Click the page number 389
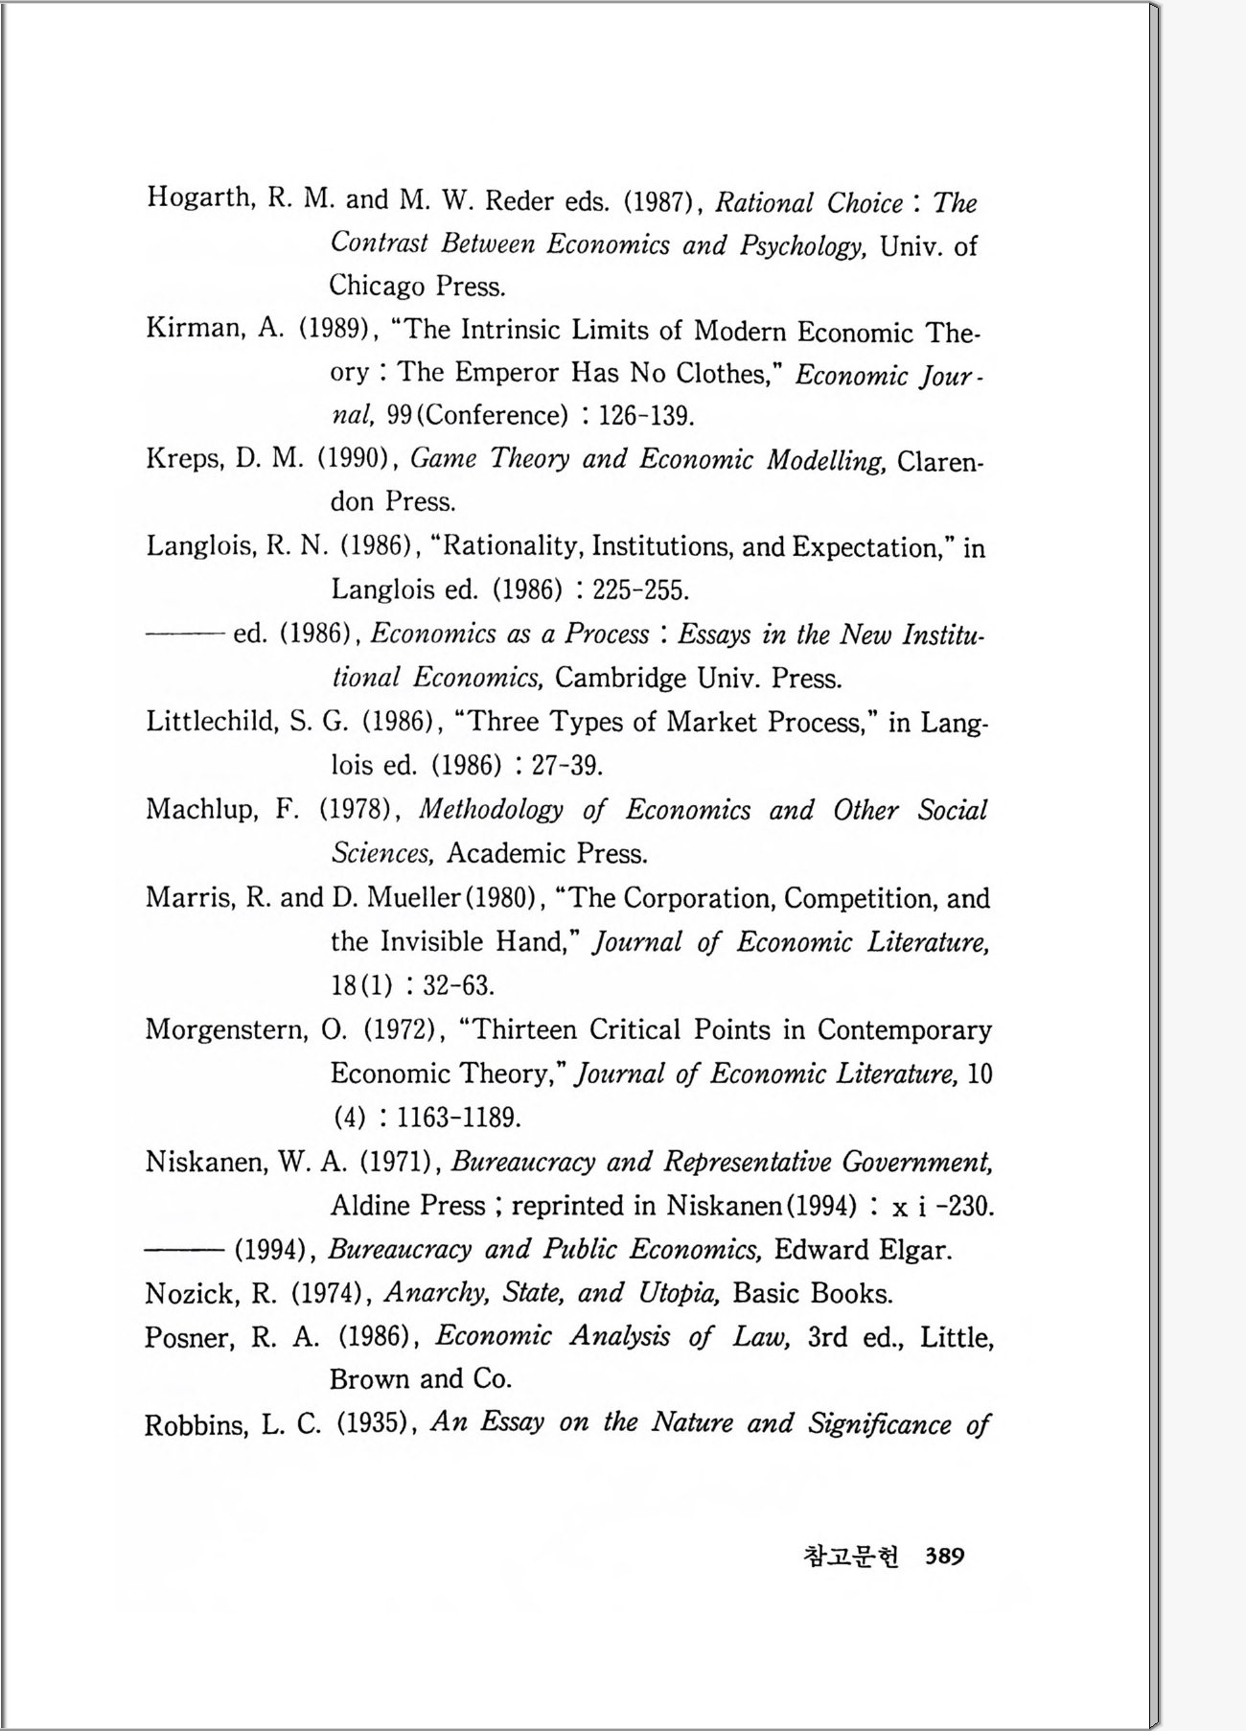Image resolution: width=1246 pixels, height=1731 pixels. [944, 1556]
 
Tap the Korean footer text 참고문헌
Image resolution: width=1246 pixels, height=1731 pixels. [851, 1556]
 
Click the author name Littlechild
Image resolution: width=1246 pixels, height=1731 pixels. [212, 722]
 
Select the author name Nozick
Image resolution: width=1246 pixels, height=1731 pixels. [191, 1294]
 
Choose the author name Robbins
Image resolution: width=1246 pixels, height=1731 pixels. [196, 1425]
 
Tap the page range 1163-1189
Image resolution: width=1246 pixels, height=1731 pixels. [458, 1118]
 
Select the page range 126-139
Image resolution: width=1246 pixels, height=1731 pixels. [645, 415]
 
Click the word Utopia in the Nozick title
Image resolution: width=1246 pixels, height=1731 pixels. [681, 1293]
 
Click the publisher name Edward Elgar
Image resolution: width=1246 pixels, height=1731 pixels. [863, 1250]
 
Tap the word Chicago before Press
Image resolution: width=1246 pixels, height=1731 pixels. [377, 286]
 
